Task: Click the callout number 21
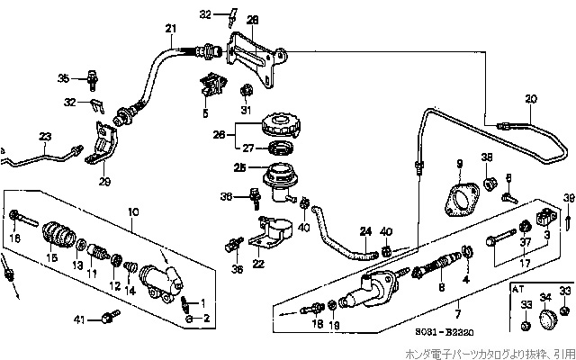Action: [169, 29]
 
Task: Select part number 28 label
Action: [251, 19]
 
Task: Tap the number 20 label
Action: [530, 98]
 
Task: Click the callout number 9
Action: [458, 163]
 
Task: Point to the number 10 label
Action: [134, 212]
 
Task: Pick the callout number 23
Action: [45, 136]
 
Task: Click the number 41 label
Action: [80, 319]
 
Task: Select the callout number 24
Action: [365, 230]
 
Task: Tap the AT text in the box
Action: [517, 289]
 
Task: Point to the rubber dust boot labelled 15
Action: [60, 236]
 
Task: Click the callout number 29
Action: [104, 182]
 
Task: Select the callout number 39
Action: [568, 197]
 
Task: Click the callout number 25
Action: [240, 166]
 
